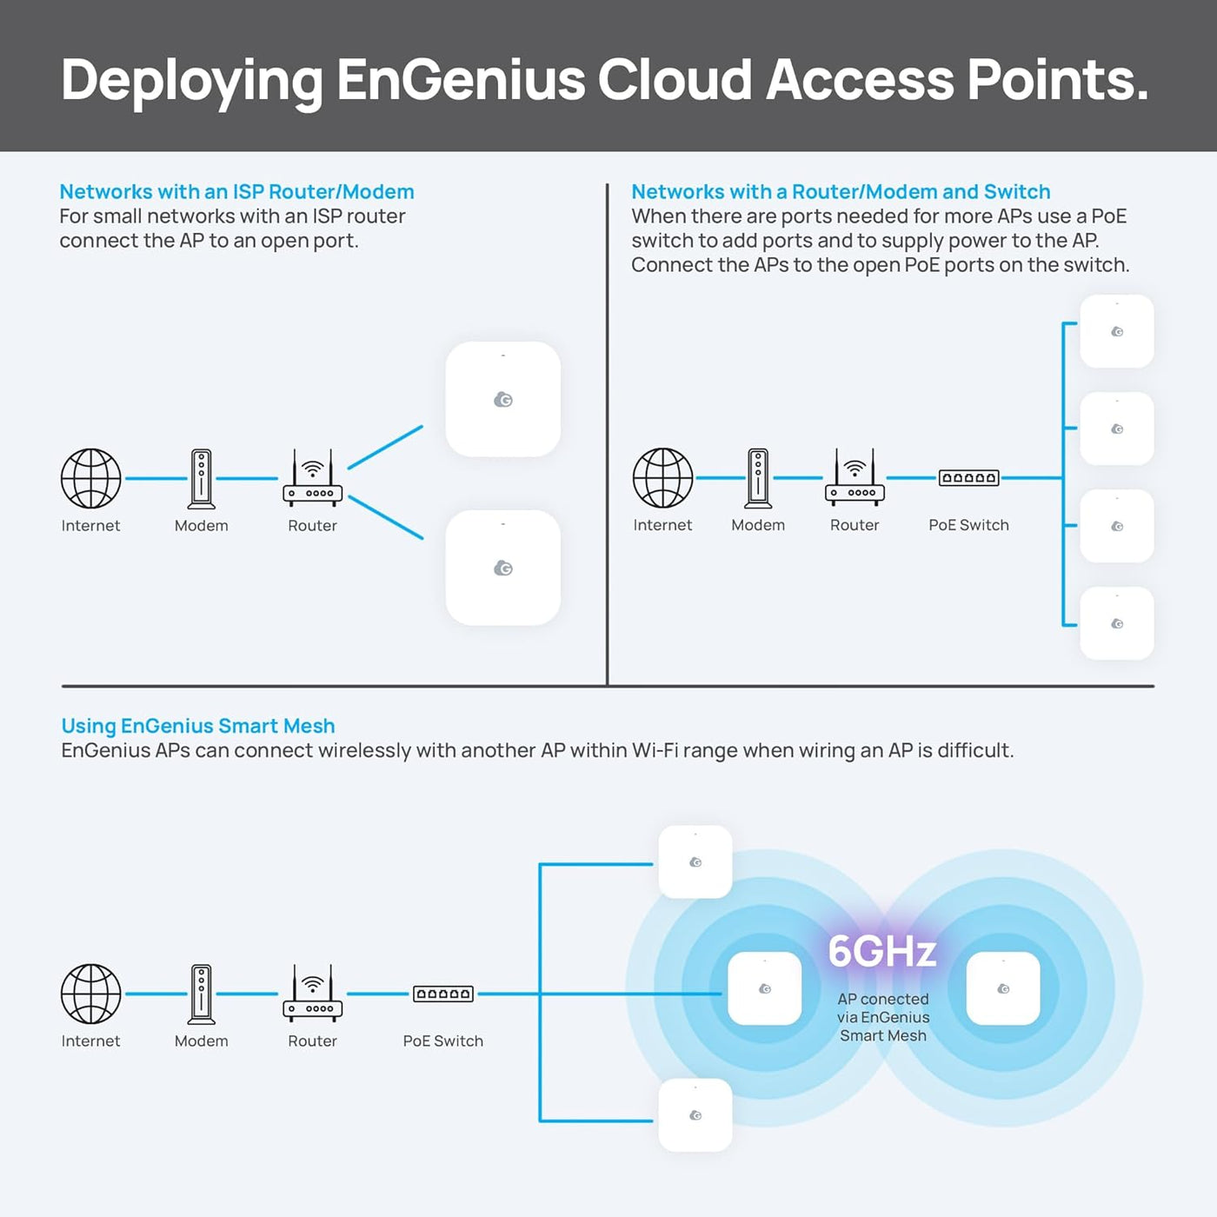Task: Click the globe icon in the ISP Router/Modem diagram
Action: pyautogui.click(x=91, y=478)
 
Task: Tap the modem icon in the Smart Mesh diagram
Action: pyautogui.click(x=202, y=994)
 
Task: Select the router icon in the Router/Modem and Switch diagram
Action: pyautogui.click(x=855, y=477)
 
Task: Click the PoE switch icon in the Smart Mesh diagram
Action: pyautogui.click(x=442, y=994)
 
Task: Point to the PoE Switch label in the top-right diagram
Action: pyautogui.click(x=968, y=525)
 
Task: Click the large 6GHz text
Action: pyautogui.click(x=881, y=951)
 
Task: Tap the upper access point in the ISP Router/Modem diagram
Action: pyautogui.click(x=502, y=399)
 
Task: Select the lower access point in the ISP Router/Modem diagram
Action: pyautogui.click(x=502, y=568)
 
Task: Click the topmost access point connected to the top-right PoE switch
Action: pyautogui.click(x=1116, y=331)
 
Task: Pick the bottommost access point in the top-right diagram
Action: pyautogui.click(x=1116, y=623)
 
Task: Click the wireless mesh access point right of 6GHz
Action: pyautogui.click(x=1003, y=988)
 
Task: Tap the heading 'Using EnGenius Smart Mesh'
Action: pyautogui.click(x=197, y=726)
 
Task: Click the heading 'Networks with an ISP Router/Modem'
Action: pyautogui.click(x=236, y=191)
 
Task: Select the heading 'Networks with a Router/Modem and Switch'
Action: pyautogui.click(x=841, y=191)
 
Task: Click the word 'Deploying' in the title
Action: pyautogui.click(x=192, y=82)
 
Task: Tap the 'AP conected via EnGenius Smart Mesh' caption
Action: pyautogui.click(x=883, y=1017)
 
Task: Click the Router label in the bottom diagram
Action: pyautogui.click(x=312, y=1041)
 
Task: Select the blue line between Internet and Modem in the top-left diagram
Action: pyautogui.click(x=156, y=479)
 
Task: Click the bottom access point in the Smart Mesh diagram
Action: pyautogui.click(x=695, y=1114)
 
